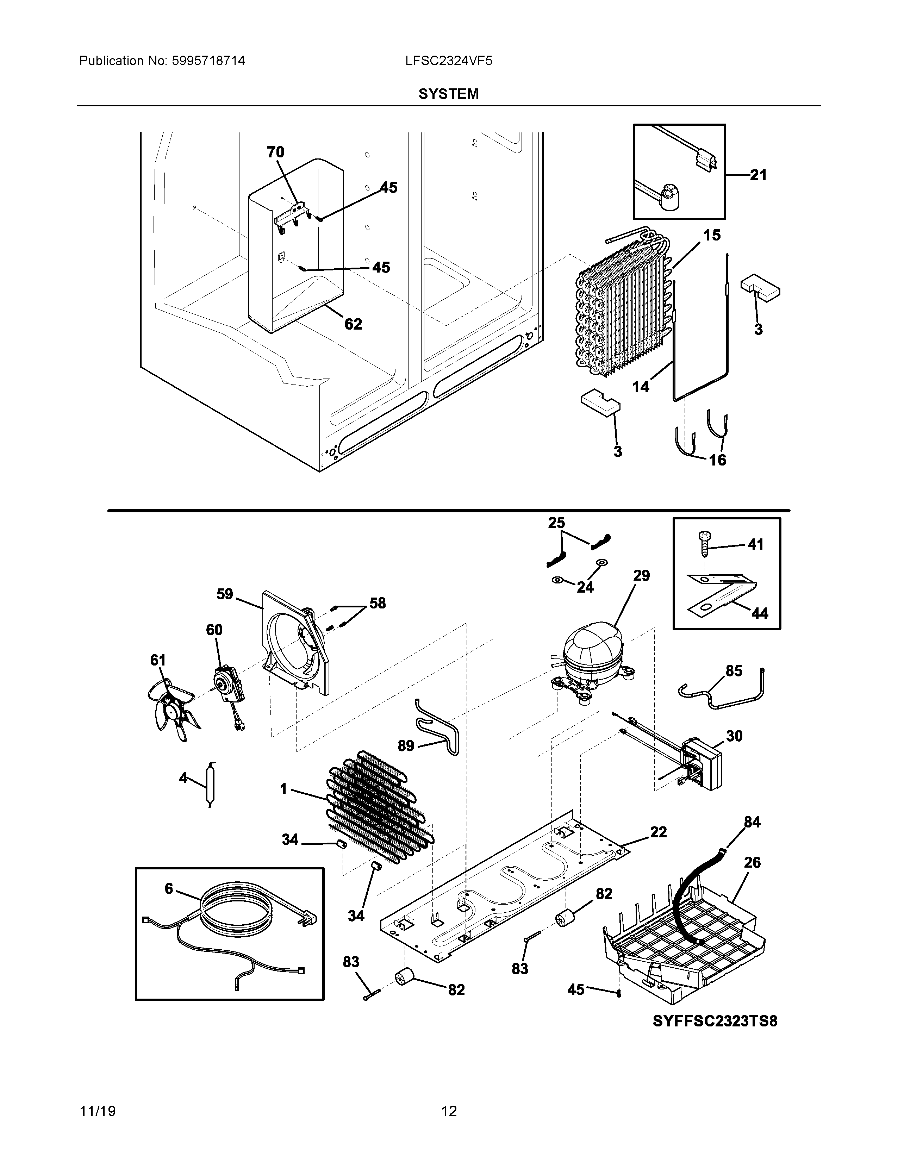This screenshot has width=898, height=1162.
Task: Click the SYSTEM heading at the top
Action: tap(448, 94)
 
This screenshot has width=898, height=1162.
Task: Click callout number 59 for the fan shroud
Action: tap(225, 594)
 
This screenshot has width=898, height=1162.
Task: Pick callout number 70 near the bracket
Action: tap(276, 153)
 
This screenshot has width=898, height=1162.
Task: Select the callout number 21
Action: tap(758, 175)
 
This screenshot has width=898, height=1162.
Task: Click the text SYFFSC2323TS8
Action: tap(715, 1021)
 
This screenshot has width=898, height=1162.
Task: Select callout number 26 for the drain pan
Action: tap(752, 862)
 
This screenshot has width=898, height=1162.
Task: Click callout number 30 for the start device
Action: tap(734, 736)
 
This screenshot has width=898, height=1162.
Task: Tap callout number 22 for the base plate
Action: tap(658, 832)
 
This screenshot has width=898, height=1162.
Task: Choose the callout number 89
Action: tap(406, 746)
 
